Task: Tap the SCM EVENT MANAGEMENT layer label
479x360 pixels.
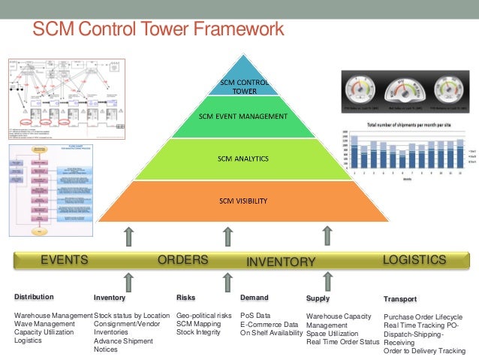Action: coord(243,116)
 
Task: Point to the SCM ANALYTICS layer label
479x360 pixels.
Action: coord(243,159)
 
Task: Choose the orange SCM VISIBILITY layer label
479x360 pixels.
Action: coord(243,201)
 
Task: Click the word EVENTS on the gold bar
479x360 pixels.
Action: coord(65,261)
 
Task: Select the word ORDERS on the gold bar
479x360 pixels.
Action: coord(182,260)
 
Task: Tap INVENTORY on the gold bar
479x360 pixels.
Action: coord(281,262)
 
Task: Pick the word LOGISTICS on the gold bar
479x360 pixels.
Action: coord(414,260)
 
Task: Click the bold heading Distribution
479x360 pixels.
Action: coord(34,298)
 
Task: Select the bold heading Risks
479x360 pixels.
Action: coord(185,298)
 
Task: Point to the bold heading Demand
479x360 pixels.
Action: coord(255,298)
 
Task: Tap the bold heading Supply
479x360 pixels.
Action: coord(318,298)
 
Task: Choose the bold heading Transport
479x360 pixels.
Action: coord(400,298)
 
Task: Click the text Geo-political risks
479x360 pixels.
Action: coord(203,316)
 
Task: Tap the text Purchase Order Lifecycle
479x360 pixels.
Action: coord(423,316)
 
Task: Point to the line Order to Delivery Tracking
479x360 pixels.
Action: coord(424,351)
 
